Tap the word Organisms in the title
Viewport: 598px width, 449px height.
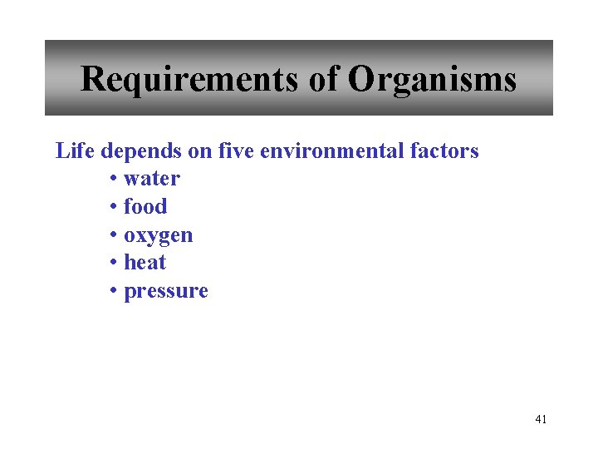click(x=432, y=80)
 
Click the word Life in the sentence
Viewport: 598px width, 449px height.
click(x=72, y=150)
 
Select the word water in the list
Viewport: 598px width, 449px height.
click(x=152, y=179)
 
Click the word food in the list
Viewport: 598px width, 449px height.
click(x=145, y=206)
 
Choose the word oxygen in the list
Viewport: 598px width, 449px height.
click(x=159, y=235)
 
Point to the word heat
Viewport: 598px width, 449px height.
click(x=145, y=262)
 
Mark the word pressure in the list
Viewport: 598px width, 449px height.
click(x=165, y=291)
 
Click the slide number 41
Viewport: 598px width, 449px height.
click(x=541, y=419)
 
